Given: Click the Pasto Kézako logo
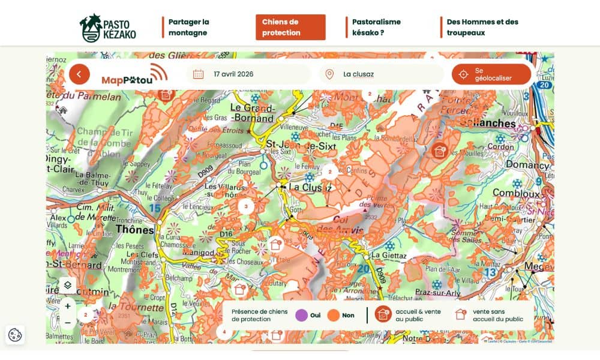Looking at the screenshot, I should click(x=108, y=28).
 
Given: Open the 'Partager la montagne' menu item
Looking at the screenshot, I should click(x=189, y=28).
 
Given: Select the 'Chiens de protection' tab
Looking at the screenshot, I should click(x=290, y=28).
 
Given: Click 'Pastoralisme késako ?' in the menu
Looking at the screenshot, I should click(x=376, y=28).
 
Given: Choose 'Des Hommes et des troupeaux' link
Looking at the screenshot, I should click(x=482, y=28).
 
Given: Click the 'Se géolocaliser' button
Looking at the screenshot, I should click(x=491, y=74).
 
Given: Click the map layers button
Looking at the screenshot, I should click(x=68, y=285).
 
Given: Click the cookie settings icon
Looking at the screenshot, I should click(x=15, y=335).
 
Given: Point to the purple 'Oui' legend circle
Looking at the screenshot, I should click(x=301, y=316).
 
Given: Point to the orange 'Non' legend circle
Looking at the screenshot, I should click(x=333, y=316).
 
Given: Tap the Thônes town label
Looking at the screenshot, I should click(x=135, y=229).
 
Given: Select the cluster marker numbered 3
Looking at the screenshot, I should click(x=245, y=206).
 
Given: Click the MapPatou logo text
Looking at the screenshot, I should click(x=127, y=80).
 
